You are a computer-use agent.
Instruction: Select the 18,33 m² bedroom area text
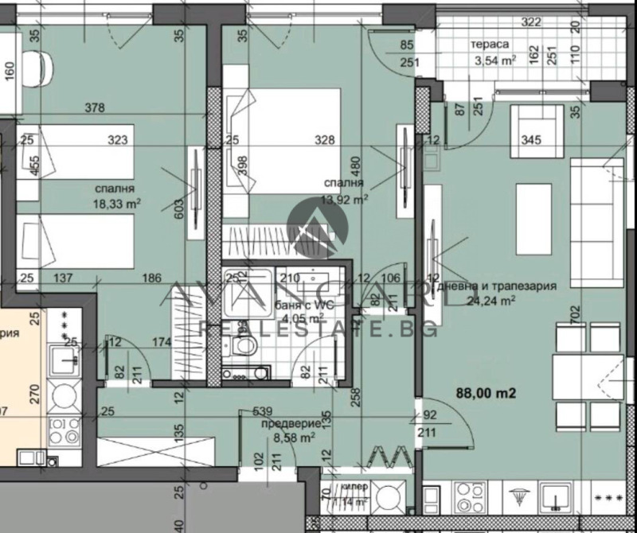116,204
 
